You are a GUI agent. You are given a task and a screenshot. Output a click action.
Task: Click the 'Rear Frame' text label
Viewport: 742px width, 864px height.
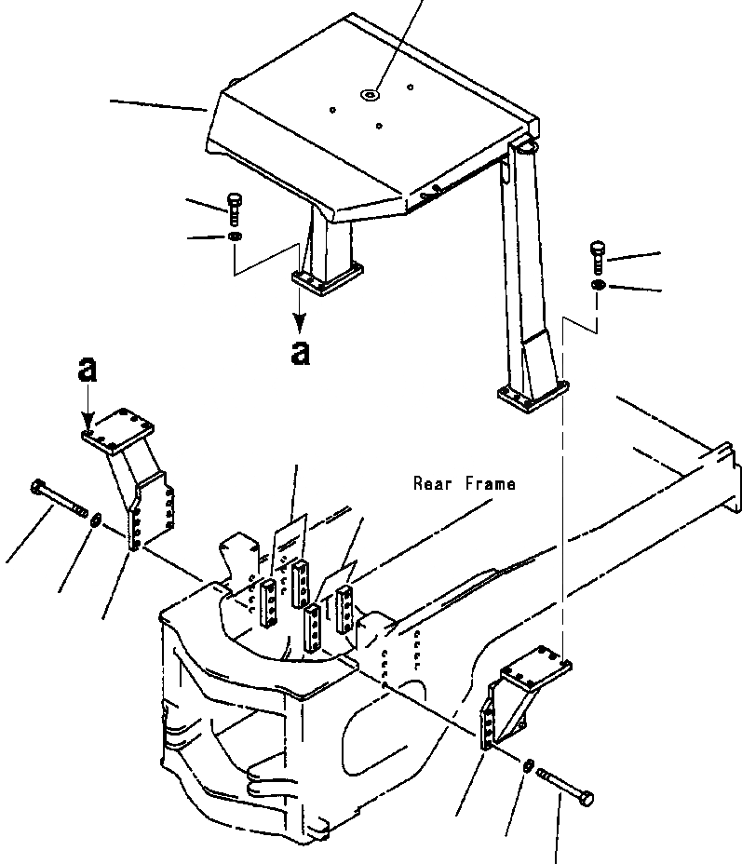tap(465, 484)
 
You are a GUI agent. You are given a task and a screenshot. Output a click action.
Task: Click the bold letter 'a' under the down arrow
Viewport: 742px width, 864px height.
tap(300, 353)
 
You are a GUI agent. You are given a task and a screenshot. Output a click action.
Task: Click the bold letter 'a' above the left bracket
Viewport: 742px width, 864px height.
tap(88, 371)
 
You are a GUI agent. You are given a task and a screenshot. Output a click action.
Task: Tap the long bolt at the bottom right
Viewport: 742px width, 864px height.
tap(565, 785)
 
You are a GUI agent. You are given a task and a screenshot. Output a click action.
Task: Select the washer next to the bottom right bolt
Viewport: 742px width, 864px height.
tap(527, 765)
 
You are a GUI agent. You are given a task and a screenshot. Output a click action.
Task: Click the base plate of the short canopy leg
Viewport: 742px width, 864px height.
tap(327, 278)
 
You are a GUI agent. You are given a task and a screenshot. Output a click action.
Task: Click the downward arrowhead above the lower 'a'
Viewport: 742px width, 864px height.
tap(300, 321)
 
